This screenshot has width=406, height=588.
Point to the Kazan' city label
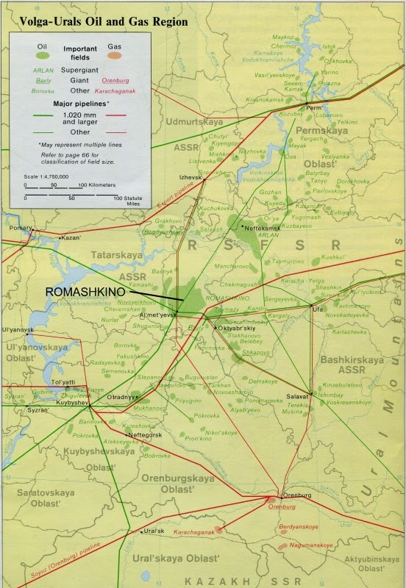pyautogui.click(x=72, y=239)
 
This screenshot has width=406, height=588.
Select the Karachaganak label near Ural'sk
pyautogui.click(x=193, y=531)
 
